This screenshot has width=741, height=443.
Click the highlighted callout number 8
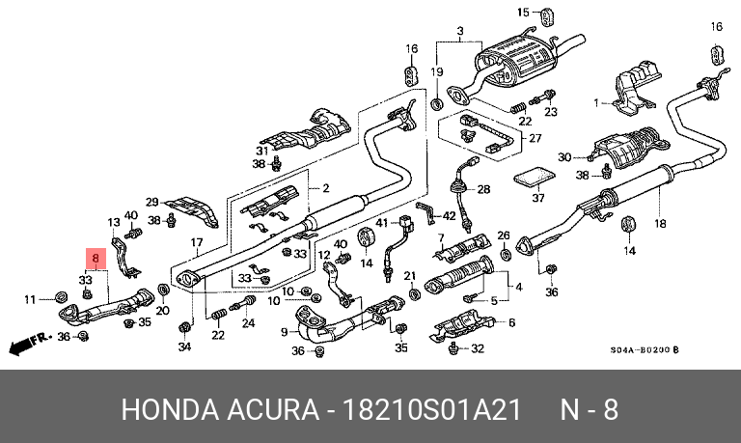(x=95, y=260)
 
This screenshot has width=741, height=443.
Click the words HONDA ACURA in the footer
(x=220, y=409)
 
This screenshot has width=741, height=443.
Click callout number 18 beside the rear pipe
(x=660, y=224)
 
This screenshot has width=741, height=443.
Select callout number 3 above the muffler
(x=460, y=33)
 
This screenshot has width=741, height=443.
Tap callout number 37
(x=538, y=199)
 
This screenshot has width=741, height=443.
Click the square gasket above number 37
(x=533, y=178)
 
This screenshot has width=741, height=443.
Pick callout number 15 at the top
(x=523, y=13)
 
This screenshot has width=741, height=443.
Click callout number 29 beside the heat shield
(x=151, y=202)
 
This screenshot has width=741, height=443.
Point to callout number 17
(x=196, y=242)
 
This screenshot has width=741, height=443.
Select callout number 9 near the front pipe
(x=285, y=332)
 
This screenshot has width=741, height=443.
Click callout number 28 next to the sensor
(x=483, y=189)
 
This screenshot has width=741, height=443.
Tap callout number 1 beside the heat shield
(x=596, y=101)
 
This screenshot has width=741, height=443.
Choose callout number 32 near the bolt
(x=477, y=349)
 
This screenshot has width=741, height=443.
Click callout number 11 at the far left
(x=30, y=299)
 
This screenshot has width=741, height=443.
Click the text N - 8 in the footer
(x=590, y=409)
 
